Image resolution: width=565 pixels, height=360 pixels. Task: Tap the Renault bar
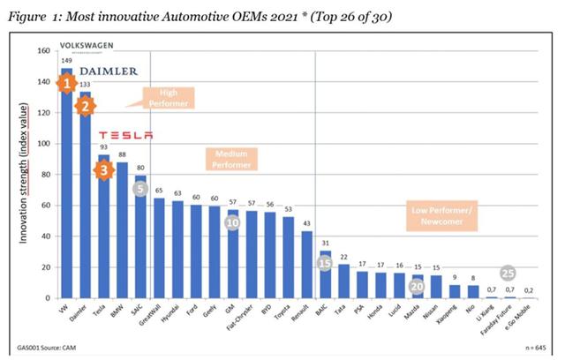(x=305, y=265)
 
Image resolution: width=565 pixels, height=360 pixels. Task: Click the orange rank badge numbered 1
(x=65, y=84)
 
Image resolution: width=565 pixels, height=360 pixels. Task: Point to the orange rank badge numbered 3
(x=104, y=169)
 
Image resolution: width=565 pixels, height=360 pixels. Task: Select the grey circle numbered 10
(x=232, y=224)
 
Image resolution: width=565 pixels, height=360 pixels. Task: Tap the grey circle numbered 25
(x=508, y=273)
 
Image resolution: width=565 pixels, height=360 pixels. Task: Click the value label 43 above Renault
(x=305, y=222)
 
